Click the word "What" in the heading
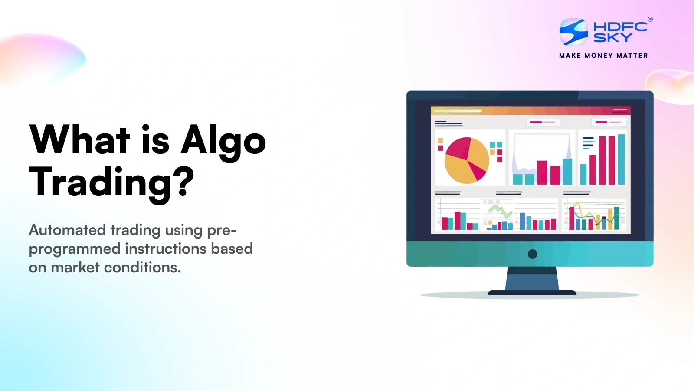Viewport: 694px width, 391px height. click(x=79, y=139)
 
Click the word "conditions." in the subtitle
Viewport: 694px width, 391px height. click(x=142, y=267)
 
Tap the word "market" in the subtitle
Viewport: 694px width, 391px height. click(x=75, y=267)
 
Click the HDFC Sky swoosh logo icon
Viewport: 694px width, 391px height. click(x=573, y=32)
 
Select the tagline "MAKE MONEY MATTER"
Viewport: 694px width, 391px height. click(x=603, y=56)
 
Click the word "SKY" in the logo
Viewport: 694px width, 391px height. click(x=612, y=37)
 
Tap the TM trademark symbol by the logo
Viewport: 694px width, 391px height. click(x=650, y=20)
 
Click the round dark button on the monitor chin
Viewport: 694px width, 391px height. click(x=532, y=254)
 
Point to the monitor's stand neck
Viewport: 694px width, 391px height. click(x=532, y=278)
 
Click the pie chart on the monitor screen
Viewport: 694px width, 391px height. click(x=467, y=160)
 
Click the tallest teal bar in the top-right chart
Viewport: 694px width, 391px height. click(x=621, y=159)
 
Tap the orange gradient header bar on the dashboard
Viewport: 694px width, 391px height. click(x=530, y=111)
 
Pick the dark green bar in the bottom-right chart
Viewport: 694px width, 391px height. click(x=616, y=219)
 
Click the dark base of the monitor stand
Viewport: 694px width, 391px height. click(x=532, y=293)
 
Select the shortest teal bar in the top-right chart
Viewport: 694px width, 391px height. click(x=583, y=174)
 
